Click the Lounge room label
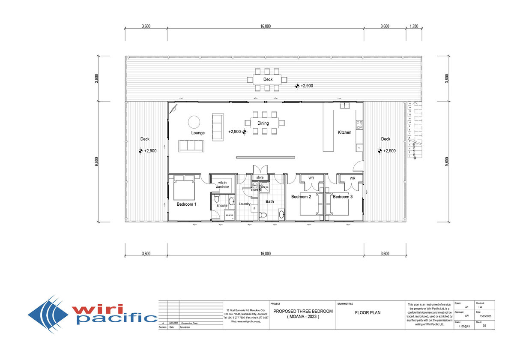click(x=198, y=133)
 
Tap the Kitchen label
click(x=344, y=132)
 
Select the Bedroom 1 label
click(x=186, y=204)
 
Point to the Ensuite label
click(x=222, y=206)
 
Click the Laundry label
click(x=245, y=204)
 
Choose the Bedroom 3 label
click(x=343, y=197)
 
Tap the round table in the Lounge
click(x=194, y=122)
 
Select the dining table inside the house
click(x=263, y=123)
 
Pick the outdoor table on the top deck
click(x=268, y=79)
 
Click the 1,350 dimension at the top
click(x=414, y=27)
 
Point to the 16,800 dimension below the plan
click(x=265, y=254)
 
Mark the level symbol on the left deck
click(x=140, y=151)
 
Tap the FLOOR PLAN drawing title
click(x=368, y=312)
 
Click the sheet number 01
click(x=485, y=326)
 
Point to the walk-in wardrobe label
click(x=222, y=185)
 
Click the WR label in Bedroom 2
click(x=311, y=178)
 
